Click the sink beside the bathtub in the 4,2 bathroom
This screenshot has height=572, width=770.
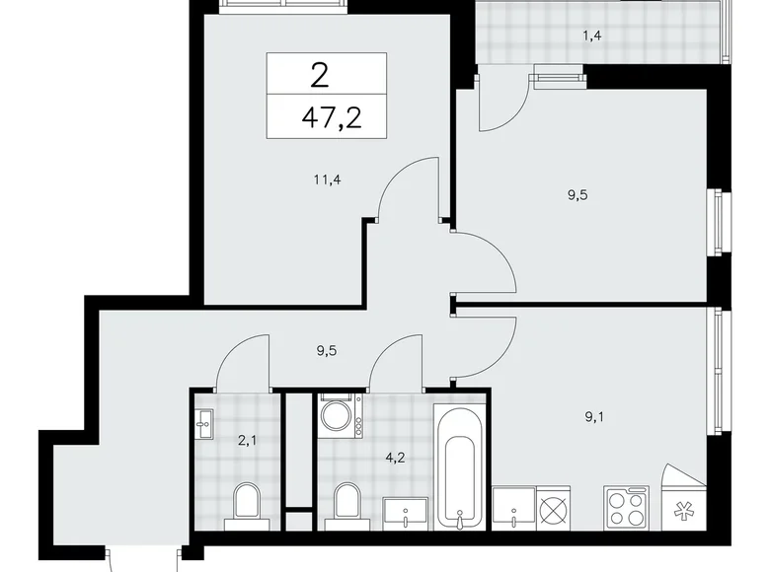[406, 513]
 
